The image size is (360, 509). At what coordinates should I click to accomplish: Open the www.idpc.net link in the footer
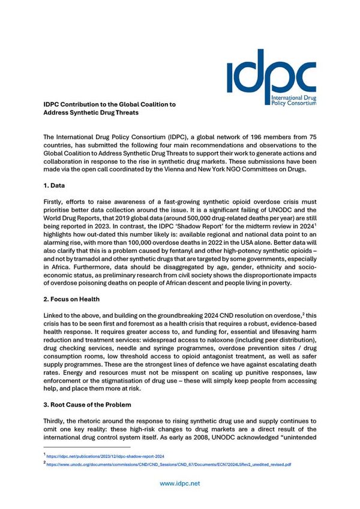179,483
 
